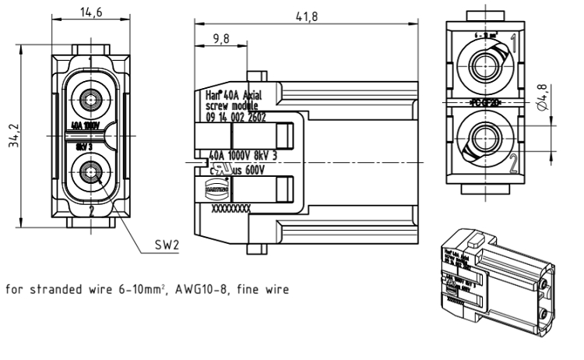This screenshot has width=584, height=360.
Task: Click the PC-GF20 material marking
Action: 488,102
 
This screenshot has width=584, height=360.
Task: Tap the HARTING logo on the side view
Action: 215,188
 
